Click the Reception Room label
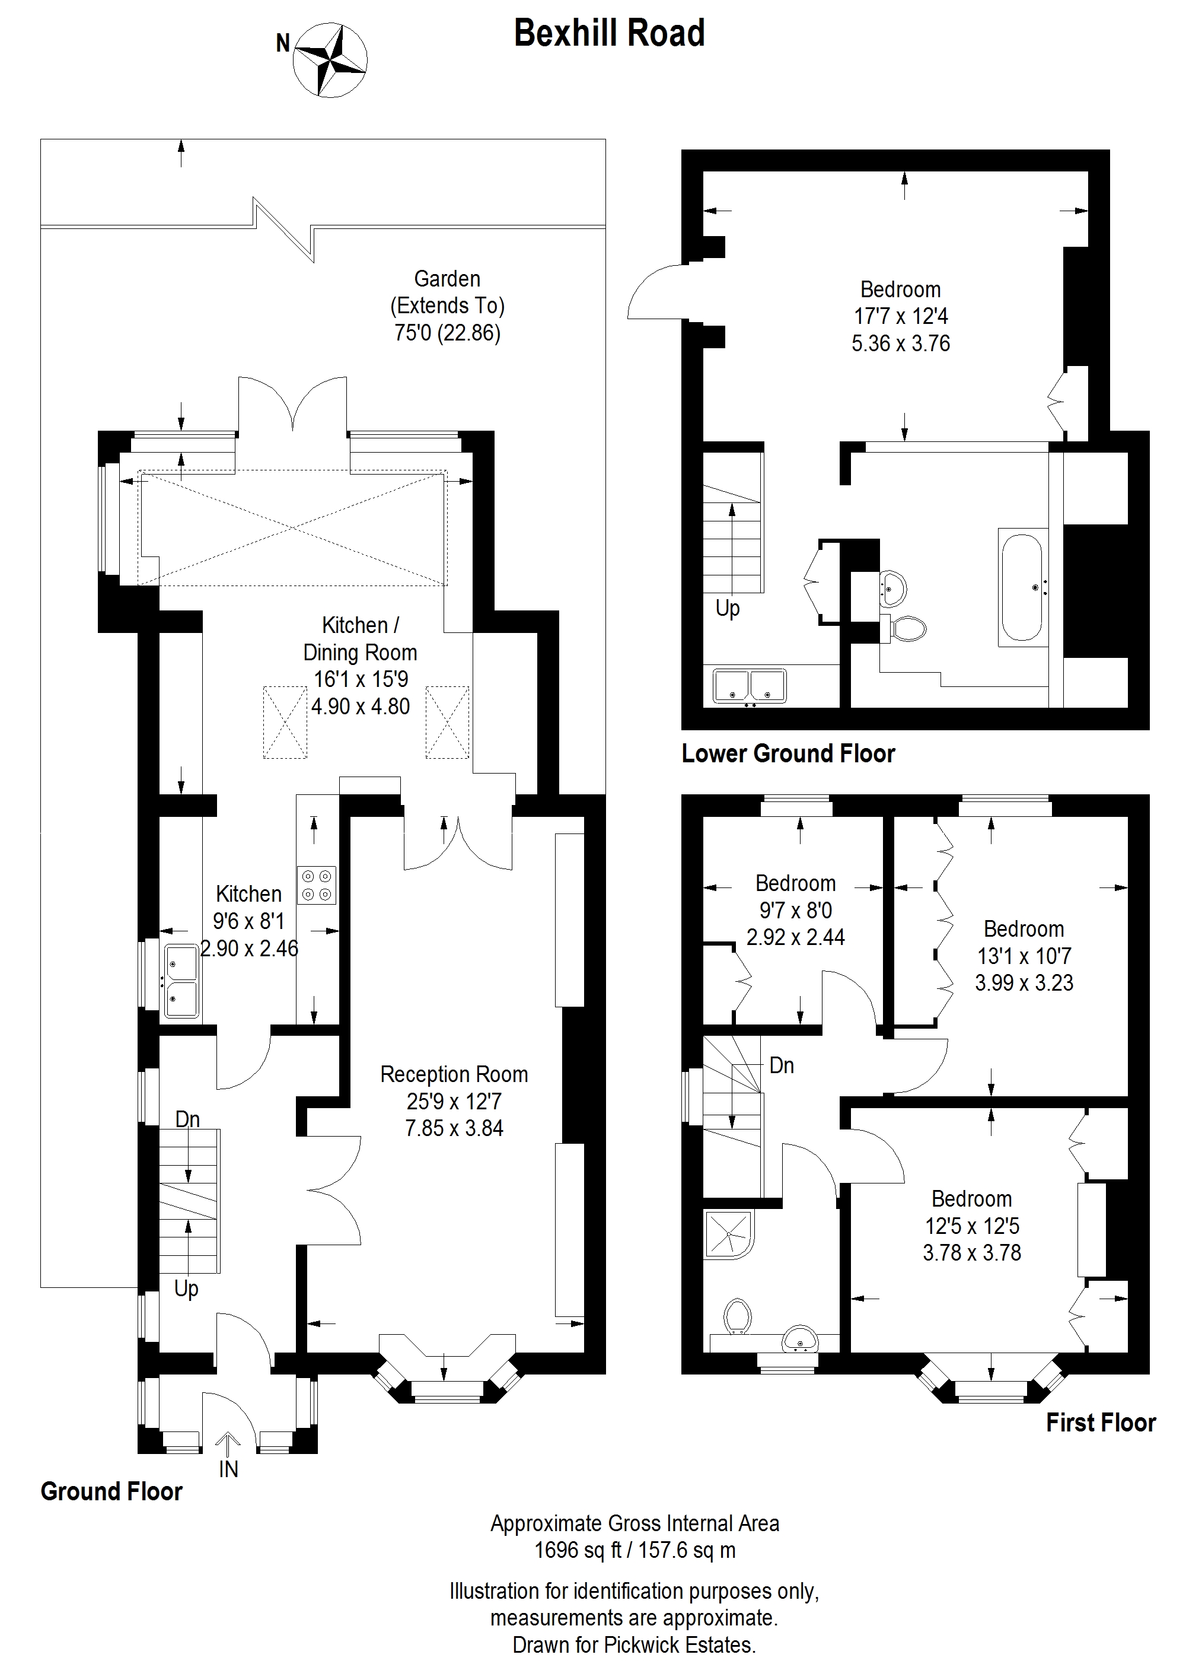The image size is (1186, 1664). [454, 1074]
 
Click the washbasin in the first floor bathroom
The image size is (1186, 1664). [800, 1340]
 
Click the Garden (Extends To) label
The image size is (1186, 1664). [447, 292]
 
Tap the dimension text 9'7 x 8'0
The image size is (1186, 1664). [795, 910]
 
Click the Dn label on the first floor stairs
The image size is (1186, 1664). [782, 1066]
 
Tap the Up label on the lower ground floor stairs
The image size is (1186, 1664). [728, 609]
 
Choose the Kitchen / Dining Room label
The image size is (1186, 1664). [360, 639]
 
